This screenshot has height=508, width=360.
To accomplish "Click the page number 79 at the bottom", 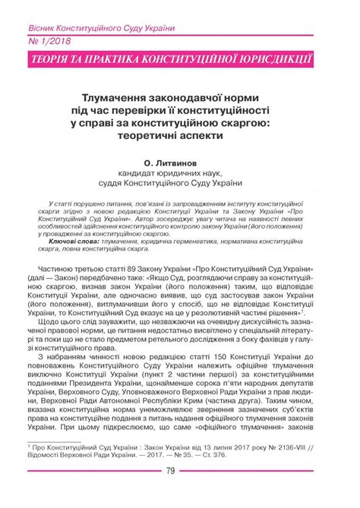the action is coord(180,495).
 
